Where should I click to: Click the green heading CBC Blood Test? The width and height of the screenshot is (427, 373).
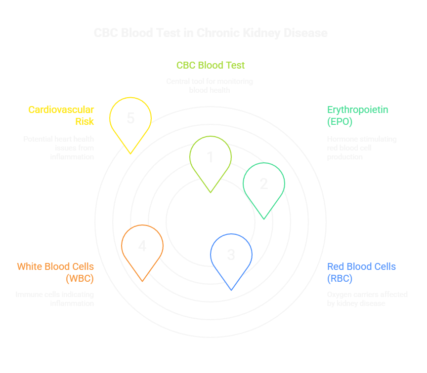211,65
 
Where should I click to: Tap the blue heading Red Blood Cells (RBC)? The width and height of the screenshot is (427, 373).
361,272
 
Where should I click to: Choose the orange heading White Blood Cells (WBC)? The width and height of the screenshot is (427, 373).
55,272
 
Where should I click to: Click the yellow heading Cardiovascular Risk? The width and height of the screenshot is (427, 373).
61,115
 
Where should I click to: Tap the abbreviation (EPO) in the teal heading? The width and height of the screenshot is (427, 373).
340,121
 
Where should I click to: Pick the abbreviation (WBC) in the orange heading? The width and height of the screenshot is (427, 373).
80,278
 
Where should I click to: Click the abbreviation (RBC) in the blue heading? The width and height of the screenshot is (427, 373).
340,278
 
